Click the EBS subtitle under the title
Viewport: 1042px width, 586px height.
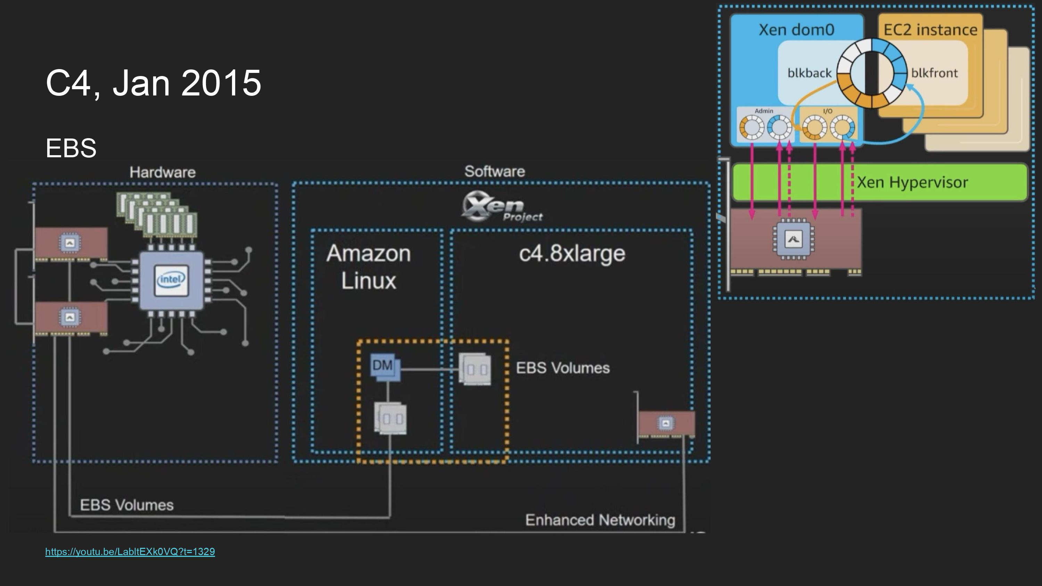pyautogui.click(x=71, y=148)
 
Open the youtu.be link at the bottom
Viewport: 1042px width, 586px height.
pyautogui.click(x=130, y=552)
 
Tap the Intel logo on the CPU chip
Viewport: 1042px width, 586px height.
pyautogui.click(x=172, y=279)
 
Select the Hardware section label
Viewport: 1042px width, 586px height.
pyautogui.click(x=162, y=172)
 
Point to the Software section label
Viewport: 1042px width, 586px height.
pyautogui.click(x=494, y=171)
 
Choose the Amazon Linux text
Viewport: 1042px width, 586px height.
pyautogui.click(x=368, y=267)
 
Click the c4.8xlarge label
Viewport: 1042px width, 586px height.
pyautogui.click(x=572, y=253)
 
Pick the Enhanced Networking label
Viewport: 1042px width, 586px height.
pyautogui.click(x=600, y=520)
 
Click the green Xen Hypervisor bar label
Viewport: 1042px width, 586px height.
pyautogui.click(x=912, y=182)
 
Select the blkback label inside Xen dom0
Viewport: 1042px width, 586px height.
pyautogui.click(x=809, y=73)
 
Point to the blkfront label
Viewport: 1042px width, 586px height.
pyautogui.click(x=934, y=73)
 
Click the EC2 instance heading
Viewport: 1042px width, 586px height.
pyautogui.click(x=930, y=30)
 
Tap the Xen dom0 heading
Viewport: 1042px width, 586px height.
pyautogui.click(x=796, y=30)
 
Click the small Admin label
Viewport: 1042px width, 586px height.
pyautogui.click(x=764, y=111)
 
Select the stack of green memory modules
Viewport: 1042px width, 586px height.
pyautogui.click(x=157, y=214)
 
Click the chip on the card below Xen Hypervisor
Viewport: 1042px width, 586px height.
pyautogui.click(x=793, y=240)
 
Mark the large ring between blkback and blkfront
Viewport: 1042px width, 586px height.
pyautogui.click(x=872, y=73)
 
